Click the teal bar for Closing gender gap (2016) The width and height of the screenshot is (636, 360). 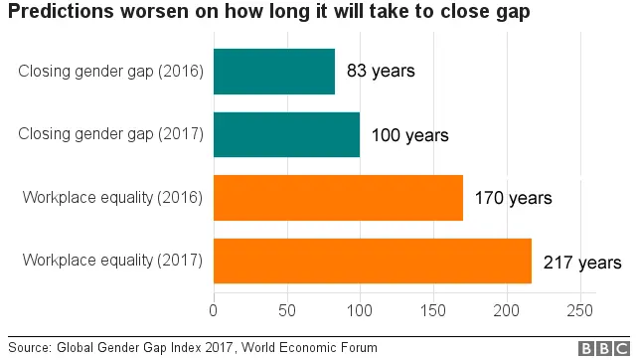click(274, 72)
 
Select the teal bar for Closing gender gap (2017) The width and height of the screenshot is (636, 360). click(286, 134)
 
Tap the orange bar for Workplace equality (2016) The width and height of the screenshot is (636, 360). click(338, 198)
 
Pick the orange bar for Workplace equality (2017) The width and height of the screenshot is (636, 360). click(373, 261)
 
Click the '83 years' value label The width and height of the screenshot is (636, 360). click(381, 72)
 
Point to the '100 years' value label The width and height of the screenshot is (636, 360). click(409, 135)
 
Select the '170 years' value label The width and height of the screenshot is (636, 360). click(513, 198)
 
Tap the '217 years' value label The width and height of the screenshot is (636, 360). click(581, 263)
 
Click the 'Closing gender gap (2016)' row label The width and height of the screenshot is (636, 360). click(110, 72)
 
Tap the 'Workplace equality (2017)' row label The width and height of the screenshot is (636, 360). click(112, 262)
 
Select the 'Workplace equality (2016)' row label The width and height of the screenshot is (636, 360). click(112, 198)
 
